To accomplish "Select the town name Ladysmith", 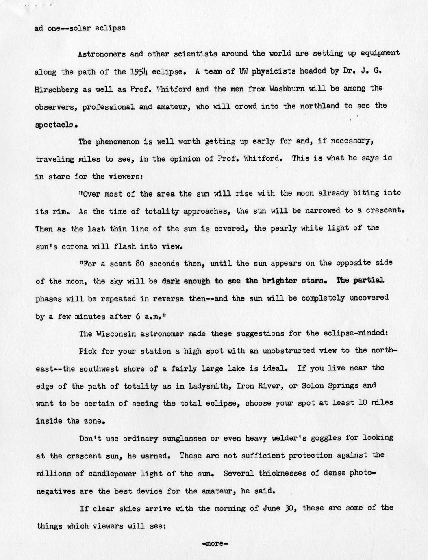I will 209,386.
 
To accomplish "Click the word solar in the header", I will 83,28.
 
